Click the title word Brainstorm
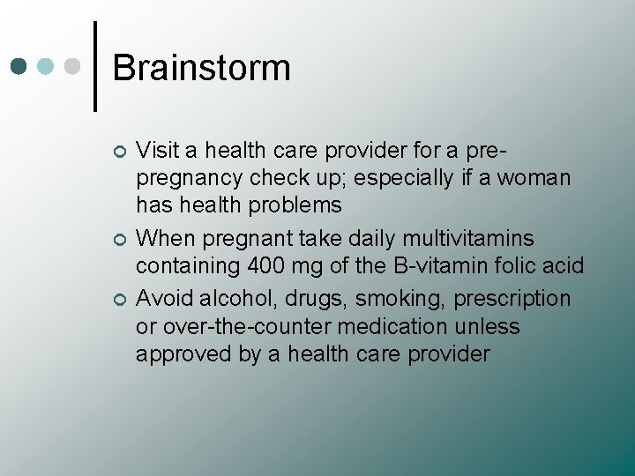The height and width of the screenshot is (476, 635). (201, 68)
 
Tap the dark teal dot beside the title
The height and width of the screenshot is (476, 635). (20, 66)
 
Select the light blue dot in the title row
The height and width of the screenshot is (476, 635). (48, 66)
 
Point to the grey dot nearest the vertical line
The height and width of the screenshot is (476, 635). (74, 66)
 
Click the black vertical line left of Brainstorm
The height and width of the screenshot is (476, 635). (95, 66)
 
